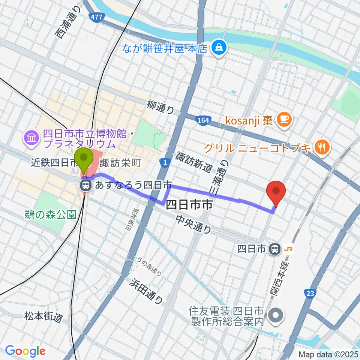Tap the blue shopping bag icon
(x=217, y=47)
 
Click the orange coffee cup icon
(x=281, y=120)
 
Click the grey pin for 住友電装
(x=277, y=316)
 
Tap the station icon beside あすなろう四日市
(x=86, y=185)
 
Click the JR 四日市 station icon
(x=276, y=248)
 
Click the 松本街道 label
(x=44, y=317)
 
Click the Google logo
(x=25, y=351)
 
